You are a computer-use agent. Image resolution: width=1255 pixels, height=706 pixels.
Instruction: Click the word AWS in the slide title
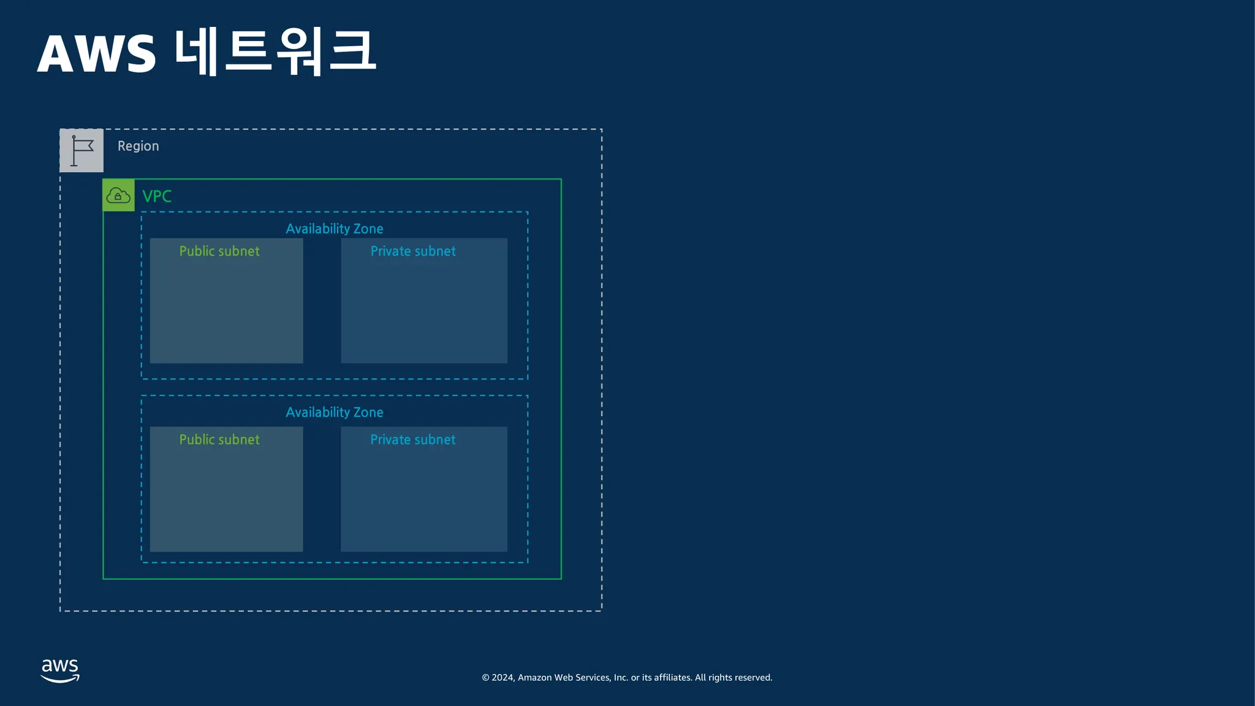(x=97, y=55)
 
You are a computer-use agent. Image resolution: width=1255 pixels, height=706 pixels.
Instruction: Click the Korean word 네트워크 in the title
(x=275, y=51)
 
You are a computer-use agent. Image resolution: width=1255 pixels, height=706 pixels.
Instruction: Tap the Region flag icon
(x=82, y=151)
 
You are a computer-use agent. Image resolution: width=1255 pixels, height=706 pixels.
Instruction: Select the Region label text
(x=138, y=146)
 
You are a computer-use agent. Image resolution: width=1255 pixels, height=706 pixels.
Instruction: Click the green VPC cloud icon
(x=118, y=195)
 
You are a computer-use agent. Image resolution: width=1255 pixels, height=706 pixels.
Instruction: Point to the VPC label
(x=157, y=196)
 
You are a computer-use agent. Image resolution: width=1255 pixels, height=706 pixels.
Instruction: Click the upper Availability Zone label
(x=334, y=229)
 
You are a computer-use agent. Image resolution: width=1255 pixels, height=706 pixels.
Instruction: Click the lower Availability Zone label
(x=334, y=412)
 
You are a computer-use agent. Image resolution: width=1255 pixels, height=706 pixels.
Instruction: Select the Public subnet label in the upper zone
(x=219, y=251)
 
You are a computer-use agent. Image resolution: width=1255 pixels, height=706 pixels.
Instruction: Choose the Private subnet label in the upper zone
(x=412, y=251)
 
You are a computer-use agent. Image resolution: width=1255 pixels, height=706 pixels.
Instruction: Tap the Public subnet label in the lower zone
(x=219, y=439)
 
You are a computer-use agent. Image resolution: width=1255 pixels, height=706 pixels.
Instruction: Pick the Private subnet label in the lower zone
(x=412, y=439)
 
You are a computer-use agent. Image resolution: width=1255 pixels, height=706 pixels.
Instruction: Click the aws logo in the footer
(x=60, y=670)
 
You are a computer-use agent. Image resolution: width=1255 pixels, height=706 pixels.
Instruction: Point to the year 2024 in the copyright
(x=502, y=678)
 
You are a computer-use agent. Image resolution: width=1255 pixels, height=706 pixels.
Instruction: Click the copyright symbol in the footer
(x=485, y=678)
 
